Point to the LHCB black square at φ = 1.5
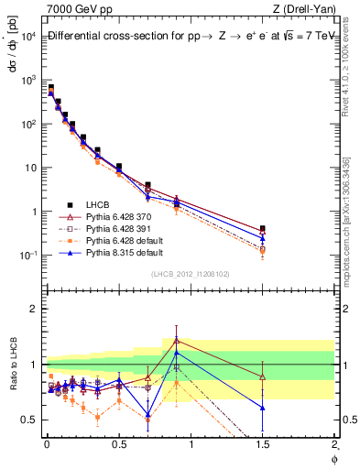tap(263, 229)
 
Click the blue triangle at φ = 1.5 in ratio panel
tap(263, 408)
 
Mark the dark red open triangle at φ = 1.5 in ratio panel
tap(263, 376)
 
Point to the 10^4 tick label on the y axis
tap(27, 36)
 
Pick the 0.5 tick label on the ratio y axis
tap(29, 420)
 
